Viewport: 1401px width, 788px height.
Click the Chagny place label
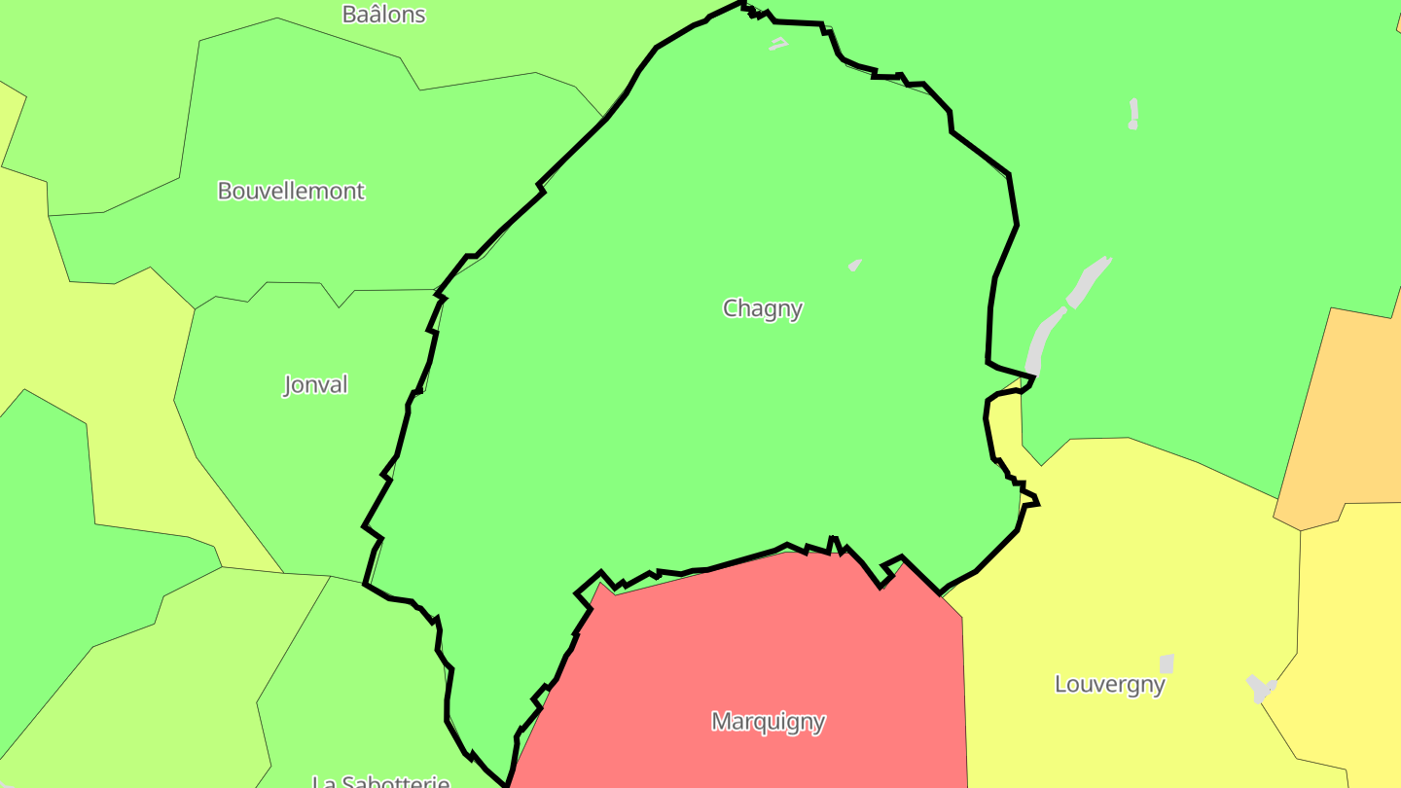pos(763,308)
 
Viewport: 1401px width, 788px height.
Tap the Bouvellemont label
pos(291,191)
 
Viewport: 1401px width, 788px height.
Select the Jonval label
pos(315,384)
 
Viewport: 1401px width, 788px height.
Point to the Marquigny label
pos(768,722)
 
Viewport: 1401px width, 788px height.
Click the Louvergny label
pos(1109,684)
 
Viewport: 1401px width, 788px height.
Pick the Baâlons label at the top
pos(383,14)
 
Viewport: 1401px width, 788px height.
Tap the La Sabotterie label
pos(380,780)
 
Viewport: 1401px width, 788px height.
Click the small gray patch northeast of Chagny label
pos(854,265)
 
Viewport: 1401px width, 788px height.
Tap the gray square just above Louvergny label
pos(1167,663)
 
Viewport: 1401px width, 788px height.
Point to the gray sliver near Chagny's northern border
pos(777,44)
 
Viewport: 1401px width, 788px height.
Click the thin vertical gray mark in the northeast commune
pos(1133,113)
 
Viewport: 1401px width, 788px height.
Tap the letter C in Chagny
pos(730,308)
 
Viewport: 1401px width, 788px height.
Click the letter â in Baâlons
pos(371,13)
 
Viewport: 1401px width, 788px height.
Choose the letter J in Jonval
pos(287,385)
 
